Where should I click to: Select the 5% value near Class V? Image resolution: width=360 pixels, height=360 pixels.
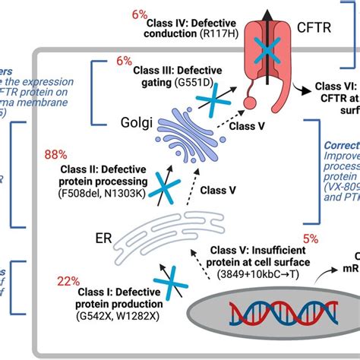311,238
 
